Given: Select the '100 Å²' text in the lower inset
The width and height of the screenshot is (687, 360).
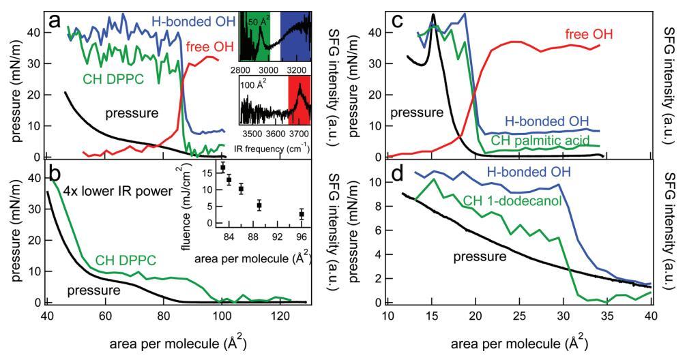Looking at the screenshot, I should click(x=255, y=87).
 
